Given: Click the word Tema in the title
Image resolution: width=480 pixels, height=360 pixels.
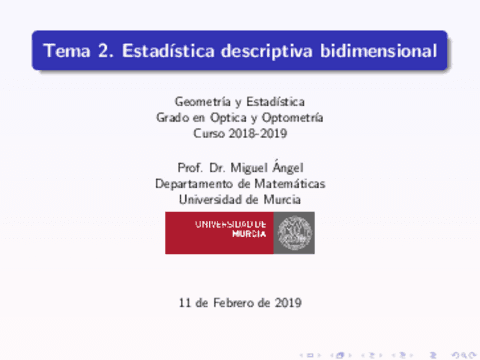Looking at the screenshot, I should tap(64, 51).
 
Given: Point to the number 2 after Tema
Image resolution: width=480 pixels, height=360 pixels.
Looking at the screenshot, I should tap(103, 51).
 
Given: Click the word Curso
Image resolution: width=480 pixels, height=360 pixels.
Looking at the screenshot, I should tap(208, 134).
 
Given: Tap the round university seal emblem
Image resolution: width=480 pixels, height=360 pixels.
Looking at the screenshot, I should tap(293, 233).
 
